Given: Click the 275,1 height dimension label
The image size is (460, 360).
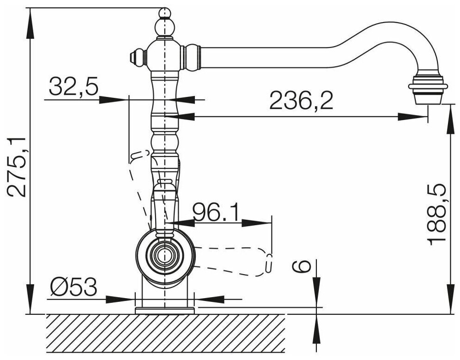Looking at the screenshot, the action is (x=17, y=167).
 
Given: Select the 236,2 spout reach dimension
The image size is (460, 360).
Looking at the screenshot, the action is (x=301, y=100).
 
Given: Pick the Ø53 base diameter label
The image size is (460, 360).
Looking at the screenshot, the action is (x=73, y=287).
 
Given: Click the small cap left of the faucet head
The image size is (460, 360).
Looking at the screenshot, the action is (x=137, y=57).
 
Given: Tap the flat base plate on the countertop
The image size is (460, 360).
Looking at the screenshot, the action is (x=164, y=311).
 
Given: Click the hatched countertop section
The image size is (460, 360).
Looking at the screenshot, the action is (x=165, y=333).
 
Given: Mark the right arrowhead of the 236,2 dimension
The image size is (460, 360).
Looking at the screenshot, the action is (x=412, y=117).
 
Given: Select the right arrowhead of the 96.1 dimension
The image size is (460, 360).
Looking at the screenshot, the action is (x=257, y=223).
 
